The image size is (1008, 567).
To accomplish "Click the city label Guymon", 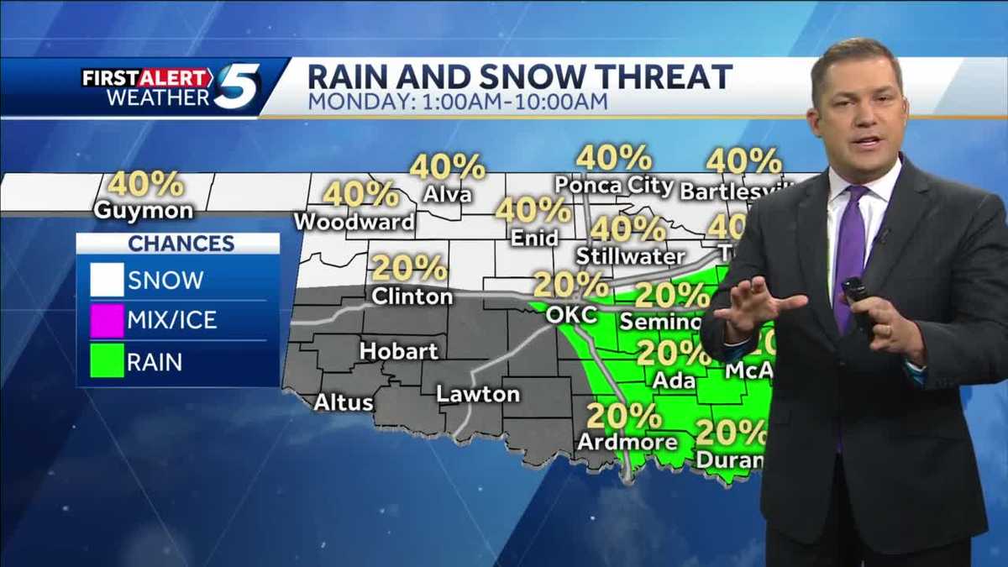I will pyautogui.click(x=143, y=210).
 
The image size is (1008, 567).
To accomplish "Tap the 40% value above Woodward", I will pyautogui.click(x=360, y=194).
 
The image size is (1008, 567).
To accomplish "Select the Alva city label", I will pyautogui.click(x=448, y=195).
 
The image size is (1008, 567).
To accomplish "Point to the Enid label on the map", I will pyautogui.click(x=535, y=239).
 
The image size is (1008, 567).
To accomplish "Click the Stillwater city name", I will pyautogui.click(x=631, y=255).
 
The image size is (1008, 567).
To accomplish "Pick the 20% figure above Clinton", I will pyautogui.click(x=409, y=269).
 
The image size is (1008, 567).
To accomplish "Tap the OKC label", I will pyautogui.click(x=570, y=315).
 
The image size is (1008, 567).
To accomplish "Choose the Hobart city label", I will pyautogui.click(x=399, y=350).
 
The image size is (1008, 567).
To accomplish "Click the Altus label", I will pyautogui.click(x=343, y=402).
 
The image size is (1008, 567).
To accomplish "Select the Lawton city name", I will pyautogui.click(x=478, y=393).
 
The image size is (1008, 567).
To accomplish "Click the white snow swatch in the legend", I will pyautogui.click(x=107, y=280).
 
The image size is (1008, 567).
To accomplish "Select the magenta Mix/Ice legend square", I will pyautogui.click(x=107, y=320).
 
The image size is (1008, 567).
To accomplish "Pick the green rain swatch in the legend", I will pyautogui.click(x=107, y=361).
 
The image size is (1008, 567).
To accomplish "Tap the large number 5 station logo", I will pyautogui.click(x=236, y=87).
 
